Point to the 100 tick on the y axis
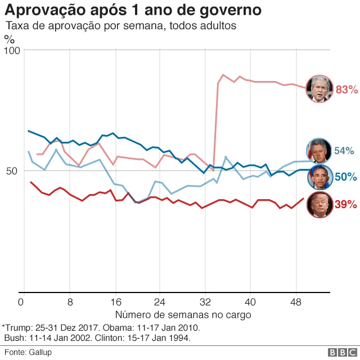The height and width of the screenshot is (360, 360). (12, 50)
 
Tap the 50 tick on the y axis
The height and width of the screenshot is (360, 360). (13, 171)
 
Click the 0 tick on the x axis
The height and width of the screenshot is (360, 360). (21, 301)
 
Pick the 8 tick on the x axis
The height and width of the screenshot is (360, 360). (70, 301)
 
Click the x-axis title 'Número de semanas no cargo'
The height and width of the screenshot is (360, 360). (183, 314)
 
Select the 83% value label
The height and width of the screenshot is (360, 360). (346, 89)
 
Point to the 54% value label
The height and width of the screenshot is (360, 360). (344, 151)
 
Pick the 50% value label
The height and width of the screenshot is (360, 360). (345, 177)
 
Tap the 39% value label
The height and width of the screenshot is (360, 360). (346, 205)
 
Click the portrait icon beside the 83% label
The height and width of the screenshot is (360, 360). (319, 88)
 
